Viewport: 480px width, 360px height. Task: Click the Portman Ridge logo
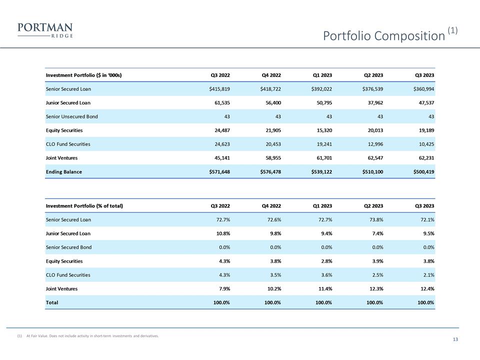[45, 30]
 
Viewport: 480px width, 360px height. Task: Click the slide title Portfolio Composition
[383, 36]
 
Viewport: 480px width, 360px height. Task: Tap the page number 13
[455, 340]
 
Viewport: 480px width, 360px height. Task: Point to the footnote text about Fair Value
[92, 336]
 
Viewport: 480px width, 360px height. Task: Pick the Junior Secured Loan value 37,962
[373, 102]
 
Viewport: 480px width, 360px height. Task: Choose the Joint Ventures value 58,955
[270, 157]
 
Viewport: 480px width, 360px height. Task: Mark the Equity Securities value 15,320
[321, 130]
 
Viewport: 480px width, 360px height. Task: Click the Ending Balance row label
[64, 171]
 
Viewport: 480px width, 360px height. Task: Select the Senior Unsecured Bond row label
[72, 116]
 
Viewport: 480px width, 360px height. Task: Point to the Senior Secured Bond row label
[69, 247]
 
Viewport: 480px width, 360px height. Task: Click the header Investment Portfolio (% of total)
[84, 206]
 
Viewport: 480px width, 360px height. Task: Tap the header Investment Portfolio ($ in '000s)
[84, 75]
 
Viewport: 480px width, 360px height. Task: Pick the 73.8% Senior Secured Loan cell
[374, 219]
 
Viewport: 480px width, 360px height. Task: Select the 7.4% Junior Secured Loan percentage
[376, 233]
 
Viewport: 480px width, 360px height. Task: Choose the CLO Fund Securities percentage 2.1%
[427, 274]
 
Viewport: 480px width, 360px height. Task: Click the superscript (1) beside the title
[452, 30]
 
